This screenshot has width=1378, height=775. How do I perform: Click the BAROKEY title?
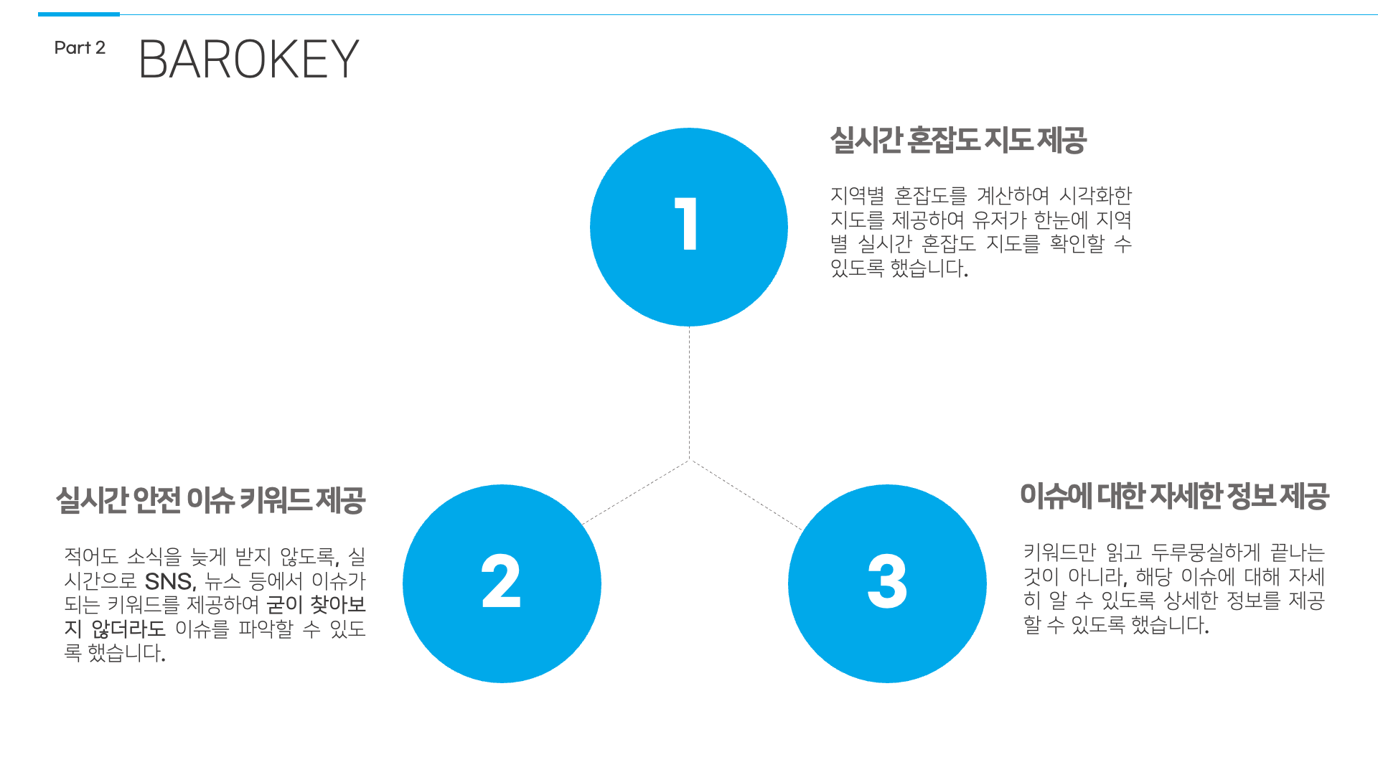click(x=248, y=59)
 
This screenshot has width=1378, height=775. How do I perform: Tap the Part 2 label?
click(x=80, y=48)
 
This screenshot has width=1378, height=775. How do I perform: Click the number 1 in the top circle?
click(x=687, y=224)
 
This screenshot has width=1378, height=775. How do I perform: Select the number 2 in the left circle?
click(x=501, y=581)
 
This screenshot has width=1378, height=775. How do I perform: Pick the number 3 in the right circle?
click(x=887, y=581)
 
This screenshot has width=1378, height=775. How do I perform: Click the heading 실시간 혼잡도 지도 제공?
click(x=958, y=140)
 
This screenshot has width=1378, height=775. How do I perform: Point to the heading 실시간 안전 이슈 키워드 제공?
click(x=211, y=500)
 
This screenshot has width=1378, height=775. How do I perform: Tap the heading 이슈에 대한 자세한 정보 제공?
click(x=1174, y=496)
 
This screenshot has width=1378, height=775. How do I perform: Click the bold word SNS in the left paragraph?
click(x=169, y=581)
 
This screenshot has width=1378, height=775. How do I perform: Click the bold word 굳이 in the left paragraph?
click(x=285, y=605)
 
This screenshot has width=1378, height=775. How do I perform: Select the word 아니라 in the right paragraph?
click(x=1097, y=577)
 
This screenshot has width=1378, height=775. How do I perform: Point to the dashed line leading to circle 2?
click(x=635, y=492)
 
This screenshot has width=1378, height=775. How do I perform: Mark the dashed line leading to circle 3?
click(x=746, y=495)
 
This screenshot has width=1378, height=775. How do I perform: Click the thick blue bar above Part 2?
click(x=79, y=14)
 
